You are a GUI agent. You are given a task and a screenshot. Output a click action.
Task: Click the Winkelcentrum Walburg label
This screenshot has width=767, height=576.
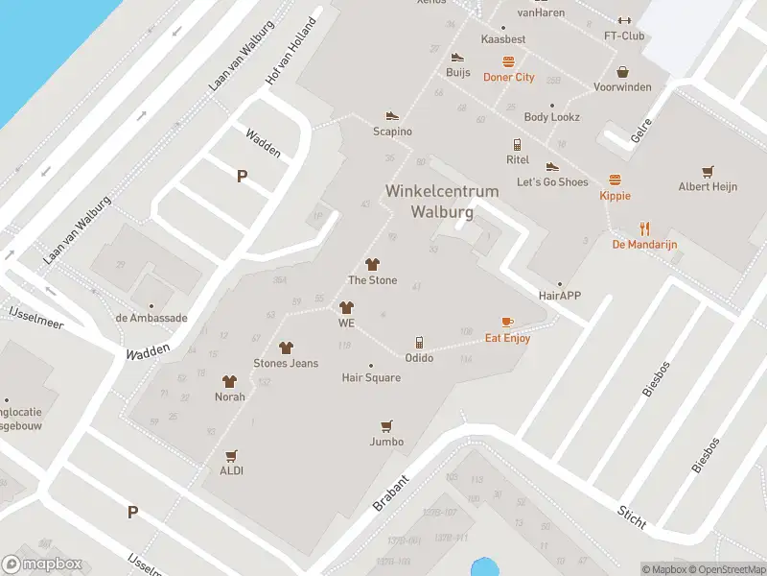[442, 201]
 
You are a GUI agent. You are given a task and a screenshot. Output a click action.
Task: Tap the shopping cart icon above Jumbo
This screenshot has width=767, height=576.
[386, 425]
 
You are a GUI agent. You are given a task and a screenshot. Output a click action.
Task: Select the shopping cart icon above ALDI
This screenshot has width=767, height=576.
[231, 455]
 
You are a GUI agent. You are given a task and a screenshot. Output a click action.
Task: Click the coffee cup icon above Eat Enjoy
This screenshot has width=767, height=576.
[507, 322]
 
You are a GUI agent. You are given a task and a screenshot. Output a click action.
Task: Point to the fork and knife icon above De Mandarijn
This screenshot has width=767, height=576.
[645, 228]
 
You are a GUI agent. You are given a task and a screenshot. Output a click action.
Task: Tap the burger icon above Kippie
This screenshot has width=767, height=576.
[615, 180]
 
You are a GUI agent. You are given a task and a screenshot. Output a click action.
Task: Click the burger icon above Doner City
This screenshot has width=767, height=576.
[508, 61]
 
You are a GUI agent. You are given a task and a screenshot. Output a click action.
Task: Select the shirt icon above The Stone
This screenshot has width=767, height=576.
[372, 264]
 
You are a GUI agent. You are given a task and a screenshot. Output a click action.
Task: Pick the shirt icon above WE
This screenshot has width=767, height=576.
[346, 307]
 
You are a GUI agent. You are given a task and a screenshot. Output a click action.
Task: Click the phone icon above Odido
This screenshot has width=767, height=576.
[419, 343]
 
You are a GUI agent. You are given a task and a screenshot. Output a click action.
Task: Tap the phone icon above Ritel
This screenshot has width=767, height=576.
[518, 144]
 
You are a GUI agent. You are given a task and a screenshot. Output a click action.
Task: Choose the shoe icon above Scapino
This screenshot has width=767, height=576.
[392, 115]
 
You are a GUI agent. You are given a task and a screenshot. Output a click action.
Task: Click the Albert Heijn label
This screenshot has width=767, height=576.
[708, 187]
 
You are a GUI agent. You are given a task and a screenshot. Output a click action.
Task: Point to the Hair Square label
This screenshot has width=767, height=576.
[371, 378]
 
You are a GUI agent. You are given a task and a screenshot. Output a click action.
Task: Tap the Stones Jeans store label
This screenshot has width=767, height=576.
[286, 364]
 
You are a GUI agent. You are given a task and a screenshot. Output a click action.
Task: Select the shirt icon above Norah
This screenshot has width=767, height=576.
[229, 381]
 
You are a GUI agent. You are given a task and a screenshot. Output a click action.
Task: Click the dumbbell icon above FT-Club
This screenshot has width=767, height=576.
[624, 20]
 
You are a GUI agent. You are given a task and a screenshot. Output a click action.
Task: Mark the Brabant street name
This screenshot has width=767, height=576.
[390, 492]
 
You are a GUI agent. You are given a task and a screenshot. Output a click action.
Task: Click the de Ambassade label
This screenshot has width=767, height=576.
[151, 318]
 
